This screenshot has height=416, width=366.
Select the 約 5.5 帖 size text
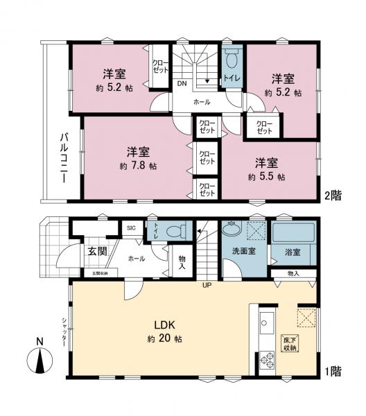tap(266, 177)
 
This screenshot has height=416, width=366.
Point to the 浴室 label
tap(292, 252)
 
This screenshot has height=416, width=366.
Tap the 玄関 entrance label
tap(97, 251)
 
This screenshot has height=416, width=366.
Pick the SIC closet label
tap(131, 227)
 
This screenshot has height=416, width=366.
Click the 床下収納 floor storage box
tap(289, 344)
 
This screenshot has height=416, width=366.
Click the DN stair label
tap(181, 84)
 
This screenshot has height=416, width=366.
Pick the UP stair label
tap(207, 284)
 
